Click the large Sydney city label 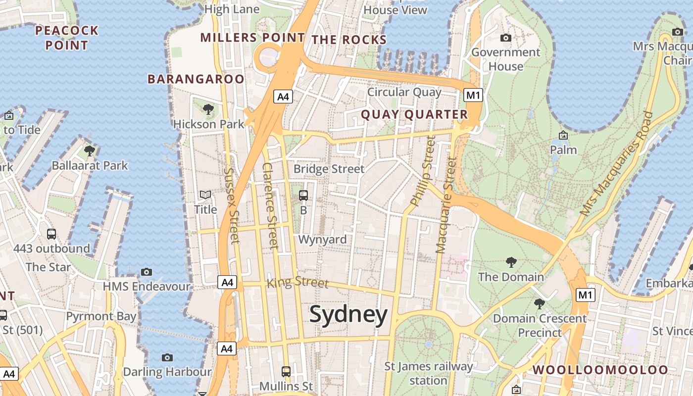[x=348, y=315]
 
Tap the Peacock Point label [x=67, y=38]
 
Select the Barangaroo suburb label [x=196, y=79]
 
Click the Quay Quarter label [x=414, y=114]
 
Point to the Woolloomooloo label [x=600, y=370]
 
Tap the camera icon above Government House [x=505, y=38]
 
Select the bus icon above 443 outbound [x=51, y=234]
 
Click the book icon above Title [x=205, y=196]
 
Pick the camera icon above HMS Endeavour [x=146, y=272]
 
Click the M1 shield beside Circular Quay [x=473, y=95]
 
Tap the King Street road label [x=297, y=282]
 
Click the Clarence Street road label [x=270, y=205]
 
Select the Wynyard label [x=322, y=240]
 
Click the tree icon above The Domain [x=511, y=262]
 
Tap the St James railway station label [x=429, y=373]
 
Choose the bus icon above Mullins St [x=286, y=371]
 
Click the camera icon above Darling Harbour [x=167, y=357]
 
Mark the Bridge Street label [x=329, y=169]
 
